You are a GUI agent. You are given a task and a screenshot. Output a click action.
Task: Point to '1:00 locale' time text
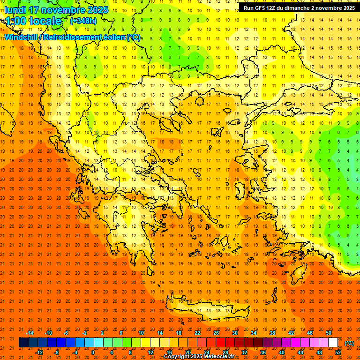(x=33, y=21)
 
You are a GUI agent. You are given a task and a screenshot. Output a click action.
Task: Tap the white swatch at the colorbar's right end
(x=333, y=343)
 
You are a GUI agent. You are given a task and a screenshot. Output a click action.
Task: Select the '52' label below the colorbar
(x=338, y=352)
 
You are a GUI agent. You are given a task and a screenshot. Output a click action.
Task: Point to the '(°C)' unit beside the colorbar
(x=349, y=343)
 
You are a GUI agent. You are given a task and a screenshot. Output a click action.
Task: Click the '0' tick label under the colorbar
(x=93, y=352)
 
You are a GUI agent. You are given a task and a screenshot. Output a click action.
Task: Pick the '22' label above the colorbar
(x=197, y=333)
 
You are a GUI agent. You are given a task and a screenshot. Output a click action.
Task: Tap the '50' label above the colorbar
(x=329, y=333)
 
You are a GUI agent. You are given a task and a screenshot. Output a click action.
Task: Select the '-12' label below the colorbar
(x=39, y=352)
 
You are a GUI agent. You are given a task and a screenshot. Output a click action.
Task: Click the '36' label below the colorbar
(x=262, y=352)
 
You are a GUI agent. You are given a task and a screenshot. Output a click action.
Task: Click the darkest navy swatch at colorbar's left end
(x=23, y=343)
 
